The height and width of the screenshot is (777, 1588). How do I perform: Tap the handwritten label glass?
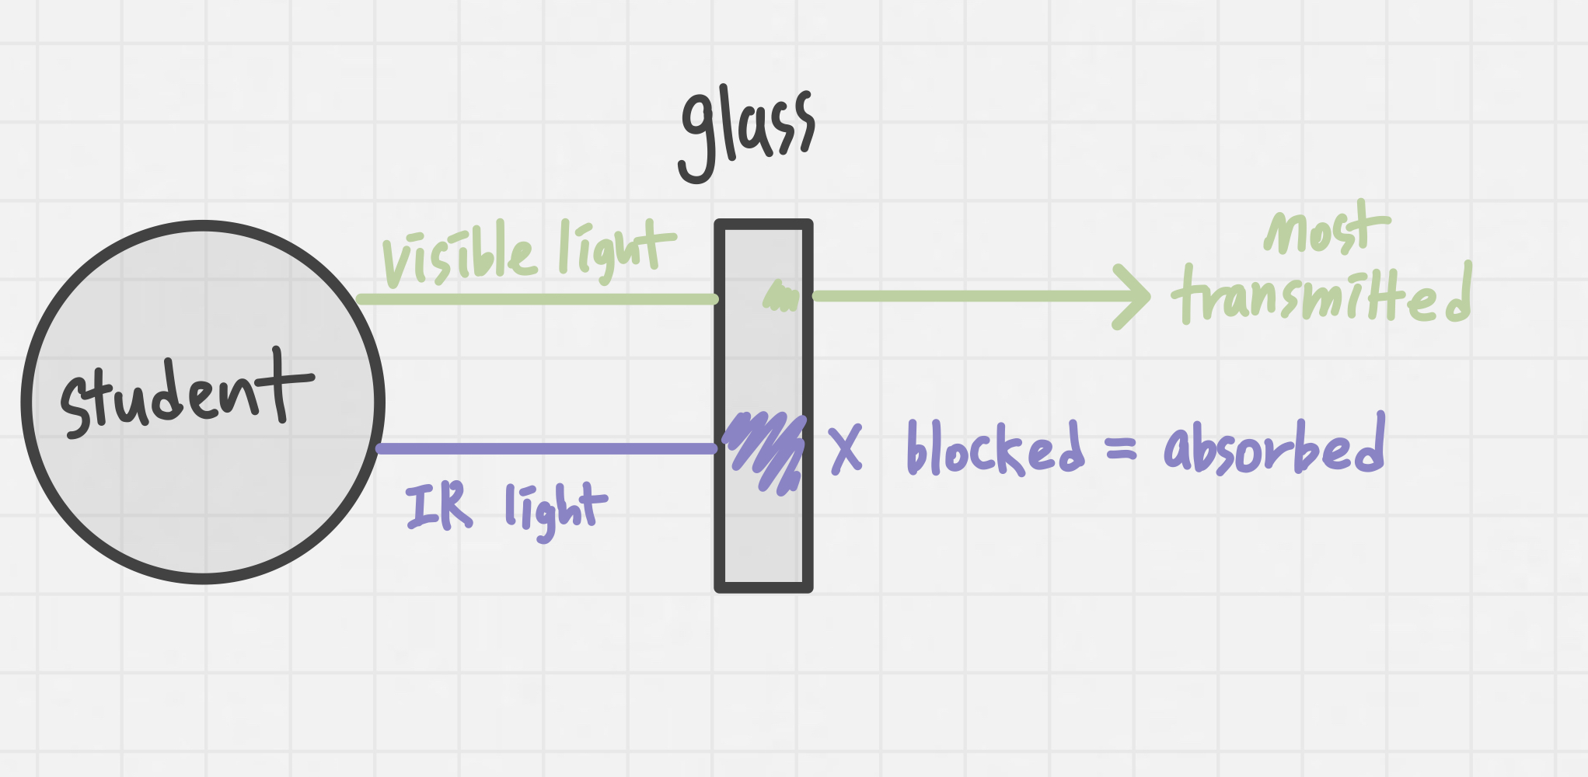click(746, 132)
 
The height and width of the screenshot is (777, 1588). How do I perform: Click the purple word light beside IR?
click(553, 509)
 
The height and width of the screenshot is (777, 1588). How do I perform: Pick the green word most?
click(1325, 229)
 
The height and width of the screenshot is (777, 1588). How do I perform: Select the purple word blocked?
click(995, 448)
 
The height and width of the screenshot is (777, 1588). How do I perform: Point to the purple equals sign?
click(1121, 448)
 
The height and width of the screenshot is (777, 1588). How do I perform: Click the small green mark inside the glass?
click(780, 298)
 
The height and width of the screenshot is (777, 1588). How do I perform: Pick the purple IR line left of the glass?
click(544, 448)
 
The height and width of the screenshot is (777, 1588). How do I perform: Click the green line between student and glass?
click(536, 299)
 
